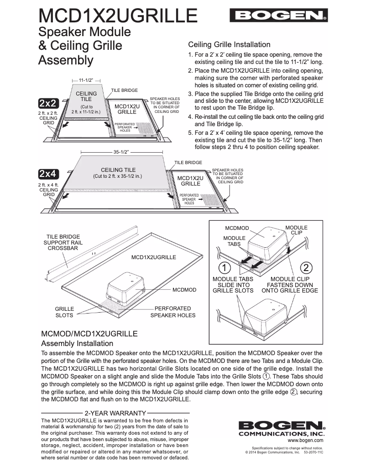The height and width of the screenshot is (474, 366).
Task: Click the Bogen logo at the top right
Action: pyautogui.click(x=278, y=17)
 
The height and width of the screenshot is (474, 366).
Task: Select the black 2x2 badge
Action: pyautogui.click(x=47, y=103)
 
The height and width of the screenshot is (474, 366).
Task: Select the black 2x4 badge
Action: pyautogui.click(x=47, y=174)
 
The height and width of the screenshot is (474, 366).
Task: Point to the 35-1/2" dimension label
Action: pyautogui.click(x=121, y=151)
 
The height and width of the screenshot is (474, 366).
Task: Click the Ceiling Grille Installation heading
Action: pyautogui.click(x=229, y=45)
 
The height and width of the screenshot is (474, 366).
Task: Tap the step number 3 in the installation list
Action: pyautogui.click(x=191, y=94)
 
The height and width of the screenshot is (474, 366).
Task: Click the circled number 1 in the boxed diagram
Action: pyautogui.click(x=224, y=267)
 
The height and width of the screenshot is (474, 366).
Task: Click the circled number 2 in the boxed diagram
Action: pyautogui.click(x=306, y=267)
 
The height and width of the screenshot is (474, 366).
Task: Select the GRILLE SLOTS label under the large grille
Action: pyautogui.click(x=64, y=312)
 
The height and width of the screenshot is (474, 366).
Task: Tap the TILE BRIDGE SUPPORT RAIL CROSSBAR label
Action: pyautogui.click(x=63, y=242)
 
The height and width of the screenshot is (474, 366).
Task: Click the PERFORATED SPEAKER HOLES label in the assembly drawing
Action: pyautogui.click(x=173, y=312)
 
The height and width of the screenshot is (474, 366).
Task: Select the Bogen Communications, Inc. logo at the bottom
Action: pyautogui.click(x=282, y=427)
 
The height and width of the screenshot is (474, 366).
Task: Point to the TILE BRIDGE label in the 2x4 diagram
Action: pyautogui.click(x=188, y=163)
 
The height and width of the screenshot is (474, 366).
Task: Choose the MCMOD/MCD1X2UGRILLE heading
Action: pyautogui.click(x=89, y=334)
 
